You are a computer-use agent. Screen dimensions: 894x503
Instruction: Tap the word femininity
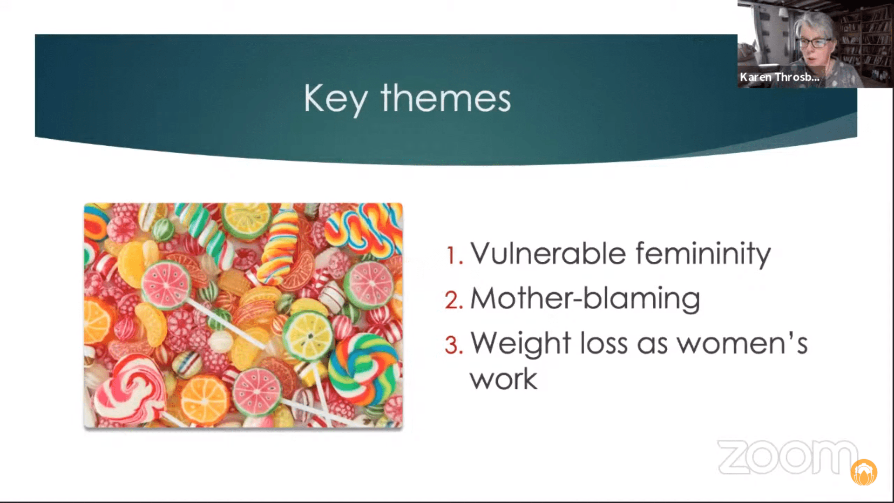[x=703, y=254]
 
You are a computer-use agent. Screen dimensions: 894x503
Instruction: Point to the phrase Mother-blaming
[x=585, y=299]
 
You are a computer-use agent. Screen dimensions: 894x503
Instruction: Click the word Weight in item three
[x=521, y=344]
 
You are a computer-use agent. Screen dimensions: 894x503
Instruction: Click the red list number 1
[x=454, y=256]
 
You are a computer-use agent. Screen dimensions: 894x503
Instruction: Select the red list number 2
[x=454, y=300]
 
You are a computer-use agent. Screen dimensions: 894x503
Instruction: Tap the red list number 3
[x=454, y=345]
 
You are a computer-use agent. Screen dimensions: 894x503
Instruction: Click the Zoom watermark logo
[x=787, y=457]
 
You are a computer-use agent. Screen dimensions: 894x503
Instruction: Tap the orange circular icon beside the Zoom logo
[x=864, y=472]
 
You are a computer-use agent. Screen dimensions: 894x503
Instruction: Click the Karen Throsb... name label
[x=779, y=77]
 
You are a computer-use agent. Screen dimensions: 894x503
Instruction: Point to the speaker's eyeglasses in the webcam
[x=815, y=43]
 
